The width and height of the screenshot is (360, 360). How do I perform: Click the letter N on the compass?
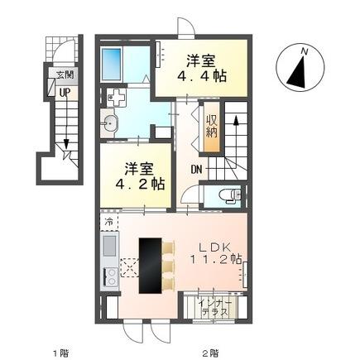coord(305,50)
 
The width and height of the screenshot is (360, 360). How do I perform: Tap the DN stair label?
coord(198,170)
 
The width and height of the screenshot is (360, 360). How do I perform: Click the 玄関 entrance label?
coord(64,74)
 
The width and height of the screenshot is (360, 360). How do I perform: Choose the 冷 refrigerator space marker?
coord(108,223)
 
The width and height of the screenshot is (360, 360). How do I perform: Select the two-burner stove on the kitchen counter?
coord(108,276)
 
